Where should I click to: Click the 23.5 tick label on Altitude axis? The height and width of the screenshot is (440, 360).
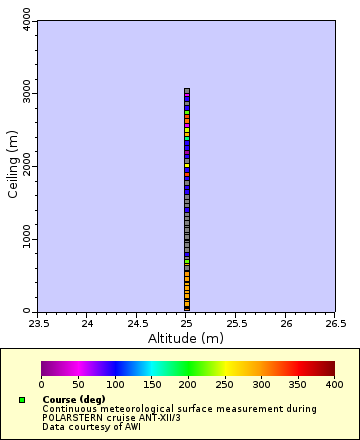[38, 324]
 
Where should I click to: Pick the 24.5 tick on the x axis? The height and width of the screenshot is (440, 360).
[137, 324]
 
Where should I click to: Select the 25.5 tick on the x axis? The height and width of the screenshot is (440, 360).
[236, 324]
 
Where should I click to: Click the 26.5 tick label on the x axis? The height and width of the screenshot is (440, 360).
[335, 324]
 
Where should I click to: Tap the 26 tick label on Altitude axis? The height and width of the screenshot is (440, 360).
[286, 324]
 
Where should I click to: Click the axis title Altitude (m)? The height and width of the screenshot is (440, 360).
[186, 338]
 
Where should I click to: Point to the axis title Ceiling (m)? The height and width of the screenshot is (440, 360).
[13, 166]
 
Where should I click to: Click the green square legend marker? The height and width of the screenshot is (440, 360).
[22, 400]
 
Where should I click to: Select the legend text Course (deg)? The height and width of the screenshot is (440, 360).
[74, 400]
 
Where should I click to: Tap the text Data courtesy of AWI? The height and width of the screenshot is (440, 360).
[91, 427]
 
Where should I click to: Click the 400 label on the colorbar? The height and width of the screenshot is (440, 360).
[334, 384]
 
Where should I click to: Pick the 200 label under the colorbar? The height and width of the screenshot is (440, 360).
[188, 384]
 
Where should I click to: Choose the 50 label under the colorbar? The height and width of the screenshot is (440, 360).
[78, 384]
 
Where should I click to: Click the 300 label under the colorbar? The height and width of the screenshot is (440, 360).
[261, 384]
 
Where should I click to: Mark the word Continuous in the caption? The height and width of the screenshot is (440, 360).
[69, 409]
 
